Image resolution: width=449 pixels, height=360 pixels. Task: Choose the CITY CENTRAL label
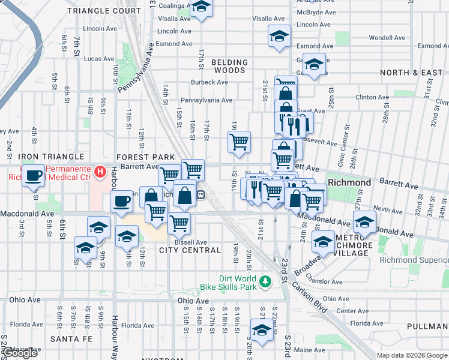coord(190,250)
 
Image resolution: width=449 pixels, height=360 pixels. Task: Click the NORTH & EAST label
coord(411,73)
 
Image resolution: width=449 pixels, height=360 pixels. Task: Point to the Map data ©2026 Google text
coord(412,355)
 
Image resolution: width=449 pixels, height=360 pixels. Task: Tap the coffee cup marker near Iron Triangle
coord(34,175)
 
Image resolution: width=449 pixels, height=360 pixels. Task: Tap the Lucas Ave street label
coord(99,59)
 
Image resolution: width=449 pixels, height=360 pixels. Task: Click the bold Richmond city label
coord(349,182)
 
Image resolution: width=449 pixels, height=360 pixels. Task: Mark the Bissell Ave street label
coord(191,242)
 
